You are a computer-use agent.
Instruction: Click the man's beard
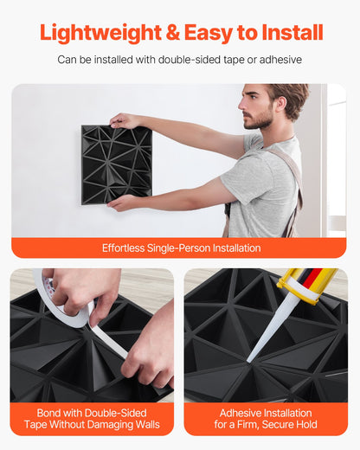(254, 121)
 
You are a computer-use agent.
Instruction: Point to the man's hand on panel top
(124, 121)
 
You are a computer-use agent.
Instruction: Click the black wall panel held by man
(116, 164)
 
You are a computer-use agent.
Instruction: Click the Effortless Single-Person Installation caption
(180, 247)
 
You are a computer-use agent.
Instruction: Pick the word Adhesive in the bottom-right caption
(239, 413)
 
